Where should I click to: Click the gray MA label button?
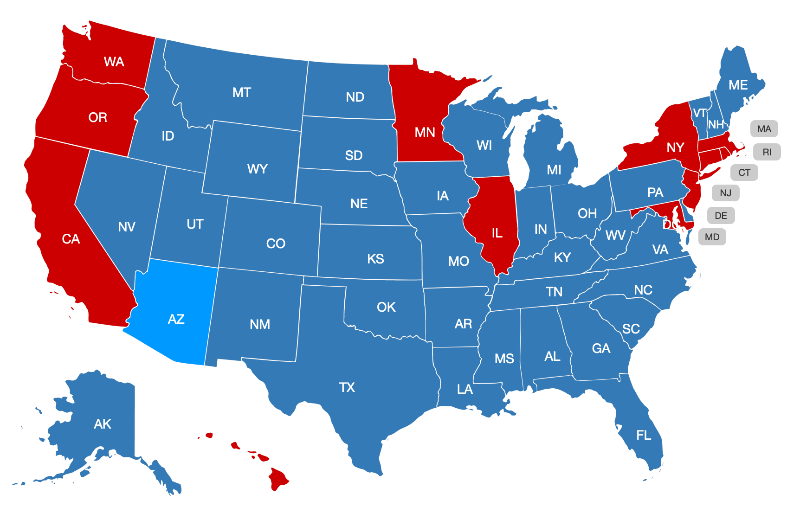tap(764, 129)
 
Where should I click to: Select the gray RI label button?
tap(767, 152)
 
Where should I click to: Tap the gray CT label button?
tap(744, 173)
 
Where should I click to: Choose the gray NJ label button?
tap(725, 193)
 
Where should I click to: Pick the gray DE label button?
tap(721, 216)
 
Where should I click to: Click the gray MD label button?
tap(712, 237)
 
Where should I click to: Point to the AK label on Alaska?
tap(103, 424)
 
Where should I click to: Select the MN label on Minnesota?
tap(425, 133)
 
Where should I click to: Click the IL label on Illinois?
tap(497, 233)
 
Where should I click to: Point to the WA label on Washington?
tap(114, 62)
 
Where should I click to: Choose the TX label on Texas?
tap(347, 387)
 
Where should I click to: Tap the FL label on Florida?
tap(644, 435)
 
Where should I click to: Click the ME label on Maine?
tap(738, 85)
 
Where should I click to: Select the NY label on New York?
tap(675, 148)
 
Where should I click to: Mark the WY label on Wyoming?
tap(257, 169)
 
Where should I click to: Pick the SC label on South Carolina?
tap(631, 329)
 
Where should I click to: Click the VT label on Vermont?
tap(699, 113)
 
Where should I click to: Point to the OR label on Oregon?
tap(97, 118)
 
